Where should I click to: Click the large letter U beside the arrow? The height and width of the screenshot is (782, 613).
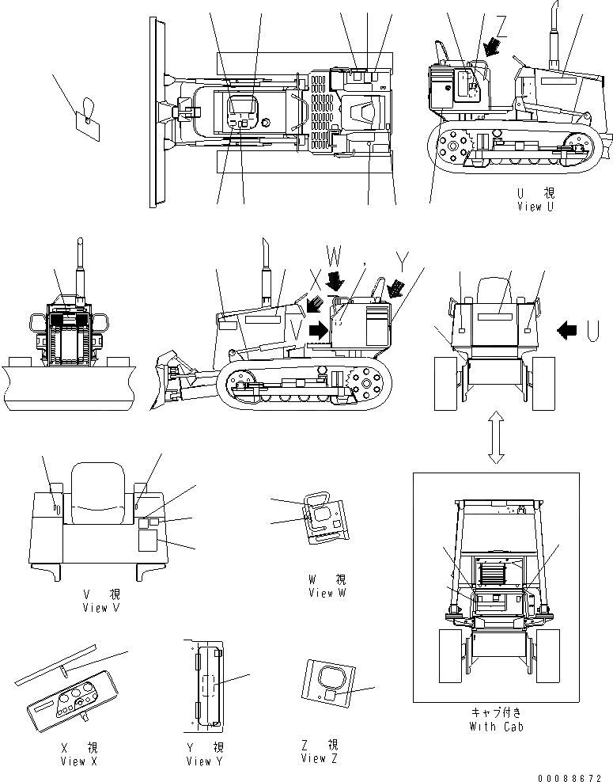tap(592, 328)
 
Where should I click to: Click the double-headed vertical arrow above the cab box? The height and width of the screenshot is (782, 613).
tap(495, 437)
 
